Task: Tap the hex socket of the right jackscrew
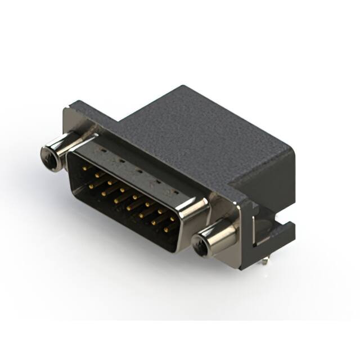pyautogui.click(x=200, y=245)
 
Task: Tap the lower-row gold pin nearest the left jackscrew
pyautogui.click(x=91, y=183)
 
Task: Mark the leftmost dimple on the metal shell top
pyautogui.click(x=101, y=151)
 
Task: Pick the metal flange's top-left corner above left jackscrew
pyautogui.click(x=71, y=104)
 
